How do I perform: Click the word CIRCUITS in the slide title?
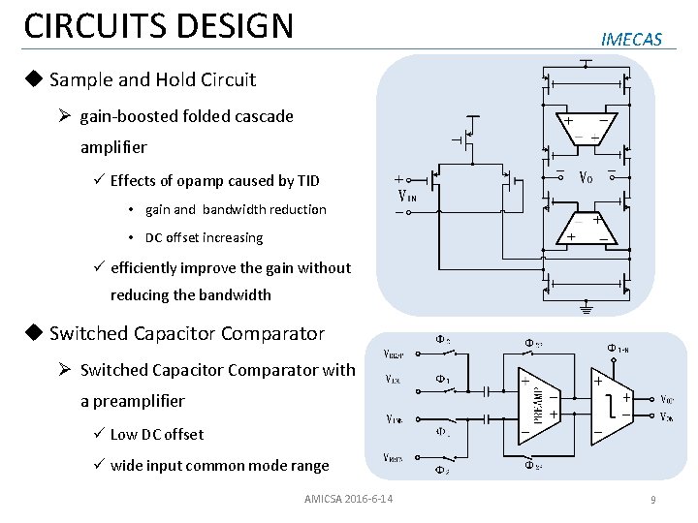[x=86, y=26]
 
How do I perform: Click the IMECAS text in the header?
[x=631, y=40]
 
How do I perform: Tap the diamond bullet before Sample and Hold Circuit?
[x=34, y=79]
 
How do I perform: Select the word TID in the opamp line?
[x=307, y=181]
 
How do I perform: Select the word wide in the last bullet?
[x=126, y=465]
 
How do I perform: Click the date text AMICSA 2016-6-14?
[x=348, y=499]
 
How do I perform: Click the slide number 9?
[x=653, y=500]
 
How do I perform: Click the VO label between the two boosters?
[x=587, y=177]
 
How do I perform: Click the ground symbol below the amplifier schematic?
[x=586, y=310]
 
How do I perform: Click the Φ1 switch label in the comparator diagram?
[x=441, y=379]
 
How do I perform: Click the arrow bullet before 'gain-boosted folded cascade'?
[x=65, y=116]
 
